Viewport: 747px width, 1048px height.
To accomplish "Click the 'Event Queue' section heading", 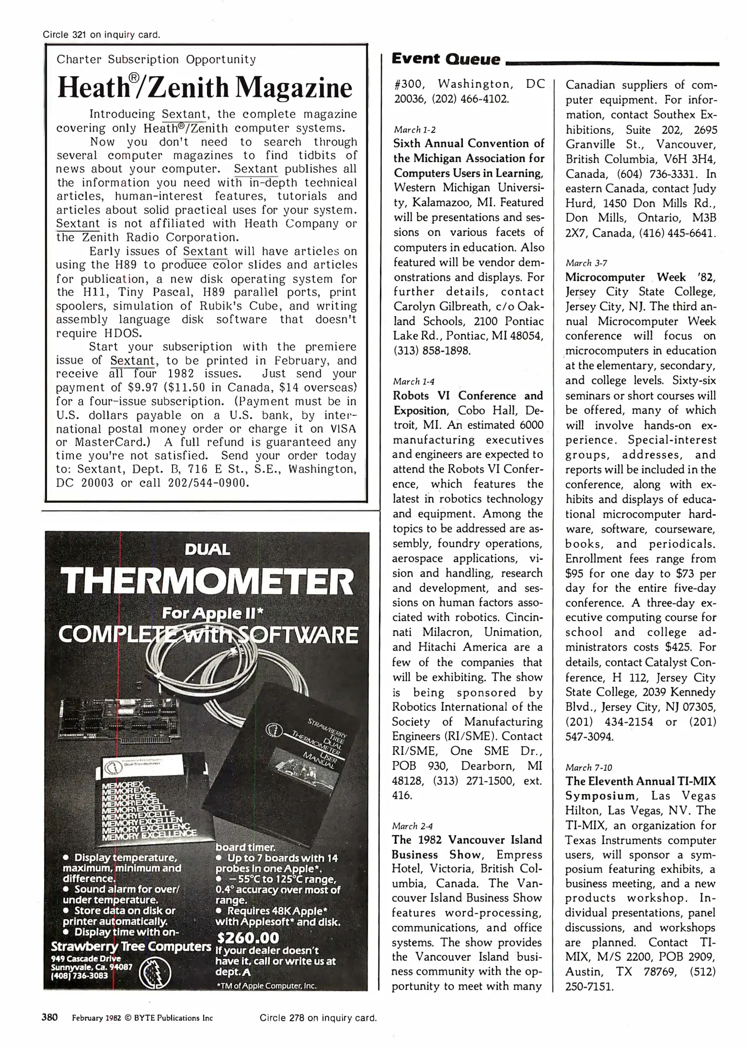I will point(445,59).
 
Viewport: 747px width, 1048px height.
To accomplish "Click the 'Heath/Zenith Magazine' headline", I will point(205,87).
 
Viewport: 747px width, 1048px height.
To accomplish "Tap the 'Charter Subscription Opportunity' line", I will point(156,60).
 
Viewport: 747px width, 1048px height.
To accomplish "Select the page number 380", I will point(50,1017).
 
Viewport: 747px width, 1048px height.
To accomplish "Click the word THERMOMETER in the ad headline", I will point(207,582).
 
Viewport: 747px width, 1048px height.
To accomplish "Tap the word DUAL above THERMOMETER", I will point(207,550).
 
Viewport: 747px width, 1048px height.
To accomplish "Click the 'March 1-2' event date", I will point(414,130).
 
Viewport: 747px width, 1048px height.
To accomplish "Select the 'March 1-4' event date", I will point(413,381).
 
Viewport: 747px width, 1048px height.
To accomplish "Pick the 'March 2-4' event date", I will point(413,826).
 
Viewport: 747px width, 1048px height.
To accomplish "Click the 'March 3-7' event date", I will point(586,263).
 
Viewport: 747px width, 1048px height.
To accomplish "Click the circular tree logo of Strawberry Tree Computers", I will point(155,973).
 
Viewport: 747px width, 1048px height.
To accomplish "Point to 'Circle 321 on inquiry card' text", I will point(101,34).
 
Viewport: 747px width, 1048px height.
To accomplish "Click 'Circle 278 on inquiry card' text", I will point(318,1018).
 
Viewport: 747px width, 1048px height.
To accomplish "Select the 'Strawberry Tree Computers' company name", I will point(131,947).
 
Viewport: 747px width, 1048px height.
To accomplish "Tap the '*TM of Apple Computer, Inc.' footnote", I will point(267,985).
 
